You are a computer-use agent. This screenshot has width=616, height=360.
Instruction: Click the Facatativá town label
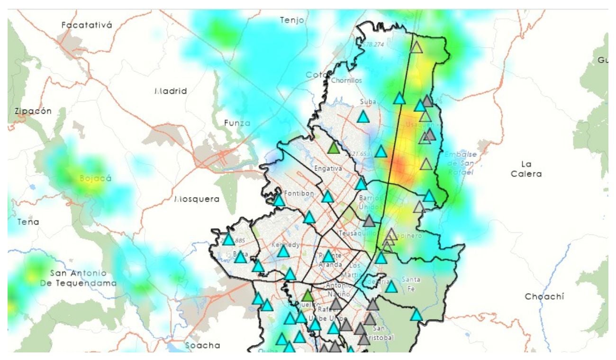pyautogui.click(x=87, y=25)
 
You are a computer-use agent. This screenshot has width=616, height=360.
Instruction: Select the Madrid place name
pyautogui.click(x=171, y=91)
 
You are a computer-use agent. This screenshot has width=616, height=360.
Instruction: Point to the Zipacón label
pyautogui.click(x=33, y=111)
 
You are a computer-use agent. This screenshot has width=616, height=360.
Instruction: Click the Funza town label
pyautogui.click(x=237, y=123)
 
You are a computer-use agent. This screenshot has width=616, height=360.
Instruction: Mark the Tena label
pyautogui.click(x=28, y=222)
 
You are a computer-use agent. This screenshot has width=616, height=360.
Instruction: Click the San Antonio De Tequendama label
pyautogui.click(x=78, y=278)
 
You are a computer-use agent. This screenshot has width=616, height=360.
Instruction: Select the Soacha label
pyautogui.click(x=202, y=345)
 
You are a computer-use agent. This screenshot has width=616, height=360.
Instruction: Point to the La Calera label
pyautogui.click(x=526, y=169)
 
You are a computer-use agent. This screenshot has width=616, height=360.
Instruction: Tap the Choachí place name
pyautogui.click(x=544, y=297)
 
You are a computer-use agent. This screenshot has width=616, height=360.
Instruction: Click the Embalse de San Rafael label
pyautogui.click(x=460, y=163)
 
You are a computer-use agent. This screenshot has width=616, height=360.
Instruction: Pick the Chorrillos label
pyautogui.click(x=346, y=81)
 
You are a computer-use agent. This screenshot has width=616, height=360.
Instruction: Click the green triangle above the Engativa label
pyautogui.click(x=334, y=148)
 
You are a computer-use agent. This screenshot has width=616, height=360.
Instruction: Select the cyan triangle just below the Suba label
pyautogui.click(x=363, y=117)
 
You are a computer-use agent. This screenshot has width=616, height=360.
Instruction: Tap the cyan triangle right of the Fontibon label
pyautogui.click(x=327, y=197)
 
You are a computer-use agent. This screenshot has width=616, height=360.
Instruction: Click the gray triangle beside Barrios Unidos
pyautogui.click(x=369, y=221)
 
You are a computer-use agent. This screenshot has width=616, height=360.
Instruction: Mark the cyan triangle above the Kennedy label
pyautogui.click(x=309, y=218)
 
